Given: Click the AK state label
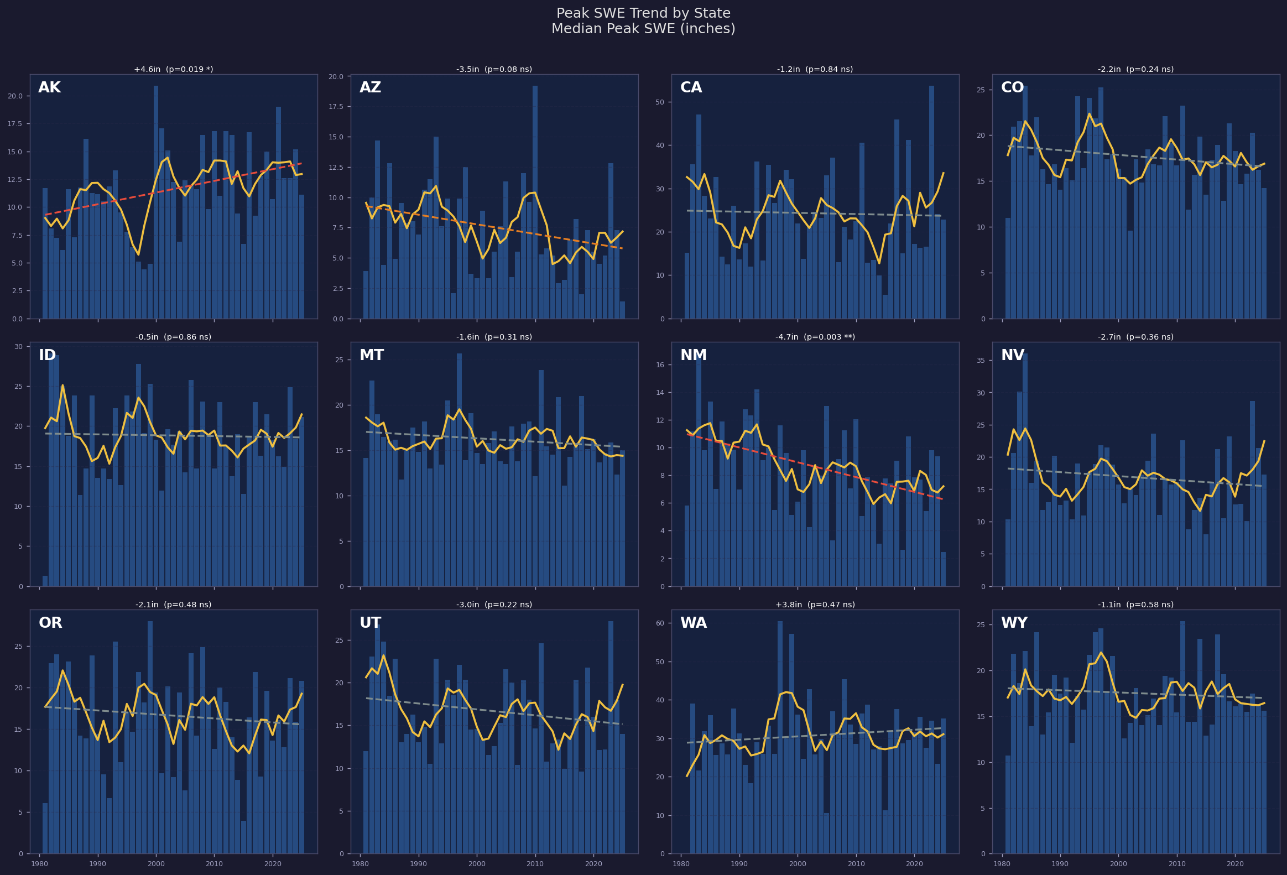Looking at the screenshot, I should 49,88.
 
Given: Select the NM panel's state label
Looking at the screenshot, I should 693,356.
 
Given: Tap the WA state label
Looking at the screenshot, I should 693,623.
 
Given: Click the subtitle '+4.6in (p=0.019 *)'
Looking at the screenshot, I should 173,70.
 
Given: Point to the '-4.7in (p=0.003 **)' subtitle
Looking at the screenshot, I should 815,337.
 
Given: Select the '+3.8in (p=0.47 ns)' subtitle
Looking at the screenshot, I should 815,605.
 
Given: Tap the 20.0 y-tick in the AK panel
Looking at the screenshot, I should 15,96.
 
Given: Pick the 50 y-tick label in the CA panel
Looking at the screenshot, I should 660,102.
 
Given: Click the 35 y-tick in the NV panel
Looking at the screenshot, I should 980,361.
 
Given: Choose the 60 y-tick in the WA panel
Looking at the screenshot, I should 660,623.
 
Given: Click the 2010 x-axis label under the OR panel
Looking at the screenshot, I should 214,864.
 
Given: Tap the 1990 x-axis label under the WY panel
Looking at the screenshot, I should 1060,864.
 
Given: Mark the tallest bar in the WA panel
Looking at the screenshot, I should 780,737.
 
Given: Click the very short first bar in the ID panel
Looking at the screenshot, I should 45,581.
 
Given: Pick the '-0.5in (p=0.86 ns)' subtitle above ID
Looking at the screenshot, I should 173,337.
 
